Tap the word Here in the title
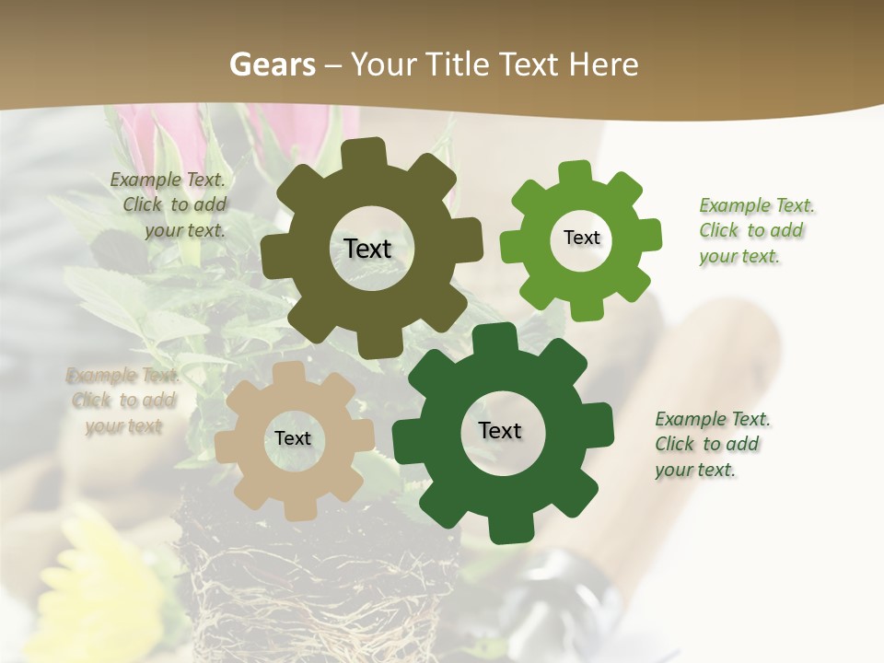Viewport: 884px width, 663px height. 603,64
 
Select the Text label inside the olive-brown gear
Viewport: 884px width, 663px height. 367,249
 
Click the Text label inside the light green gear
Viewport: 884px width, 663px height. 581,238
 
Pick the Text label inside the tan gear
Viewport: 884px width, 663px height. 293,438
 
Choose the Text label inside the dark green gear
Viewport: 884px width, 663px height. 500,430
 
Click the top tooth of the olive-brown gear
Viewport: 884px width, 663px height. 367,152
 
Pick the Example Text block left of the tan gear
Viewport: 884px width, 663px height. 123,401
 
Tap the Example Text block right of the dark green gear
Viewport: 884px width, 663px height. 711,444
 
